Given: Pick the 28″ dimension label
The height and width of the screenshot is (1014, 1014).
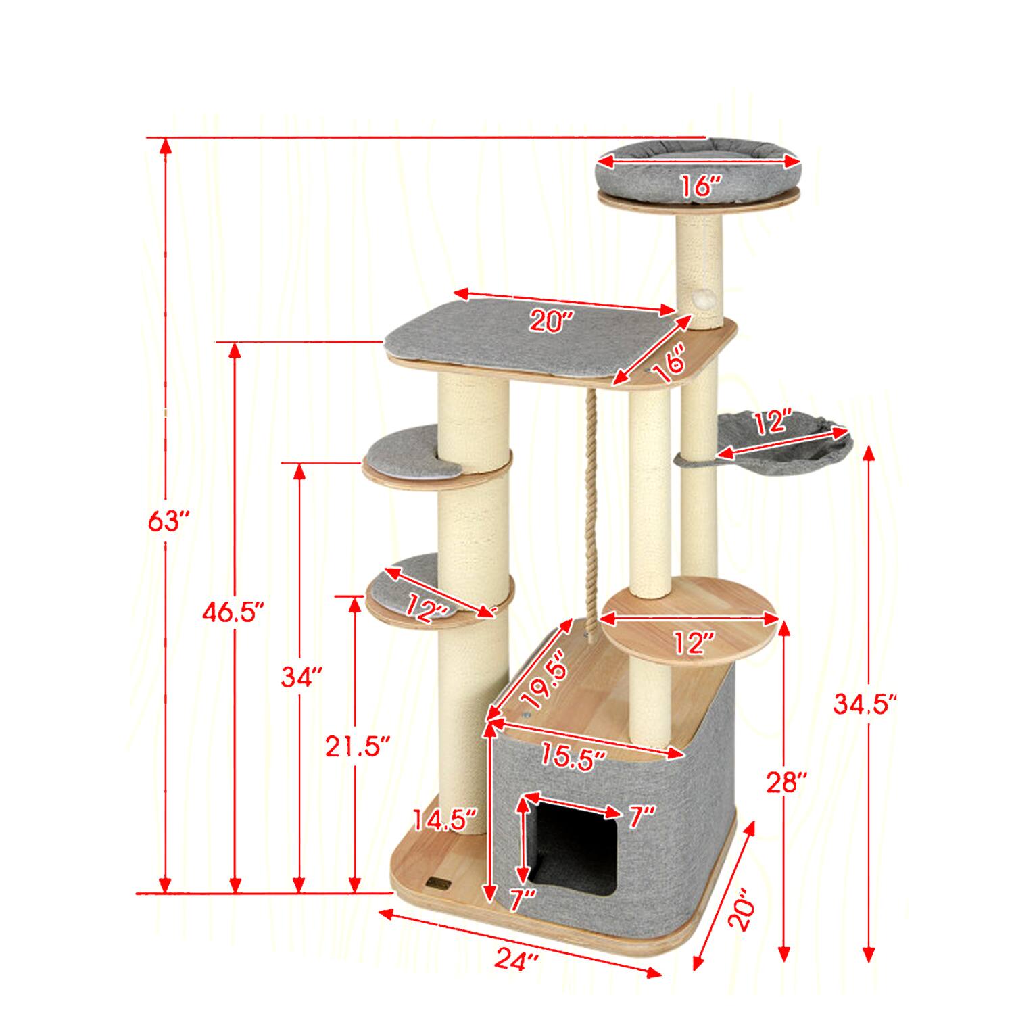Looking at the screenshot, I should (787, 784).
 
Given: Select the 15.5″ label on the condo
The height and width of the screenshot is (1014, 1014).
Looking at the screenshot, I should (572, 758).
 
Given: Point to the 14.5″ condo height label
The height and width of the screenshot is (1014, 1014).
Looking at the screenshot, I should (445, 820).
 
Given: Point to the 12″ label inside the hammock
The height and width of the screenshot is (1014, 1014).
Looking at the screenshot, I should (773, 424).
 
